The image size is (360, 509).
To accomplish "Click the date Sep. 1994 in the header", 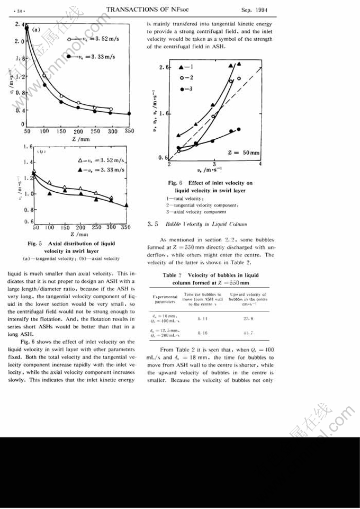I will tap(253, 10).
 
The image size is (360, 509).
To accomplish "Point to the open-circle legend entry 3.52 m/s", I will tap(92, 39).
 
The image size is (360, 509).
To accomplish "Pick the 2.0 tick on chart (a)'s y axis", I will tap(20, 41).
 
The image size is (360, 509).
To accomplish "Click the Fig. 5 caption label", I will tap(34, 244).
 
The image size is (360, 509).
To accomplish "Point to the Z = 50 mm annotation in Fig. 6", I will tap(243, 153).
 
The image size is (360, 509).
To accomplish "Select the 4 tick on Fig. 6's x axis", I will tap(260, 165).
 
